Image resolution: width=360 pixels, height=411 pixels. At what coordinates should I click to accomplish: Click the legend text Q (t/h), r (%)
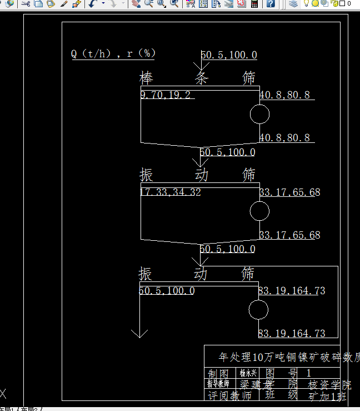(113, 54)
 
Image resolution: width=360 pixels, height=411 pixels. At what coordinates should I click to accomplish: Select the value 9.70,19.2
(166, 95)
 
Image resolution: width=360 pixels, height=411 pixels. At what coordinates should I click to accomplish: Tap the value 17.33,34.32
(170, 192)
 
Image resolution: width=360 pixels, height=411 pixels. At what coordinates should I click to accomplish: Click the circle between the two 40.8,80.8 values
(259, 114)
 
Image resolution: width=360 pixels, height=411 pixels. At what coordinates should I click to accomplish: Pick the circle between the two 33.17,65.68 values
(259, 211)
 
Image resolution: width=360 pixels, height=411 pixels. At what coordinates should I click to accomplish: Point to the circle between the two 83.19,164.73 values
(258, 310)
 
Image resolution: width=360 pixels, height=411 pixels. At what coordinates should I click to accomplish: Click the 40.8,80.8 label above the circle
(284, 95)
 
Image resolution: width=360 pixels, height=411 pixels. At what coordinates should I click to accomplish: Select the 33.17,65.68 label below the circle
(289, 235)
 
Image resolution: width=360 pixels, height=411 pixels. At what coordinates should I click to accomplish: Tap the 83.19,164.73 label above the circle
(292, 291)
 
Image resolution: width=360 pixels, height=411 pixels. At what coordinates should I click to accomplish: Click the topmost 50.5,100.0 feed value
(229, 55)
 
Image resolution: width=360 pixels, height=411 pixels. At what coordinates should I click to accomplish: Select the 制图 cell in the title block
(218, 373)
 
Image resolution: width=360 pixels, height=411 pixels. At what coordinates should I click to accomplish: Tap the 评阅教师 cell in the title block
(229, 396)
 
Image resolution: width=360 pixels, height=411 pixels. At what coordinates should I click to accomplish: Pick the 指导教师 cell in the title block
(218, 384)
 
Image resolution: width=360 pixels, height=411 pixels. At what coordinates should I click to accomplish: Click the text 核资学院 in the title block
(329, 385)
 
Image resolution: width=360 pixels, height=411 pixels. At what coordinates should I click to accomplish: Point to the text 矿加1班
(327, 397)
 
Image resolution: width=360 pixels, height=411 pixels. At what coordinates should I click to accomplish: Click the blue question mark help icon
(270, 3)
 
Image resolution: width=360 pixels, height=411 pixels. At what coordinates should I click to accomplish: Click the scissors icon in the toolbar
(25, 3)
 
